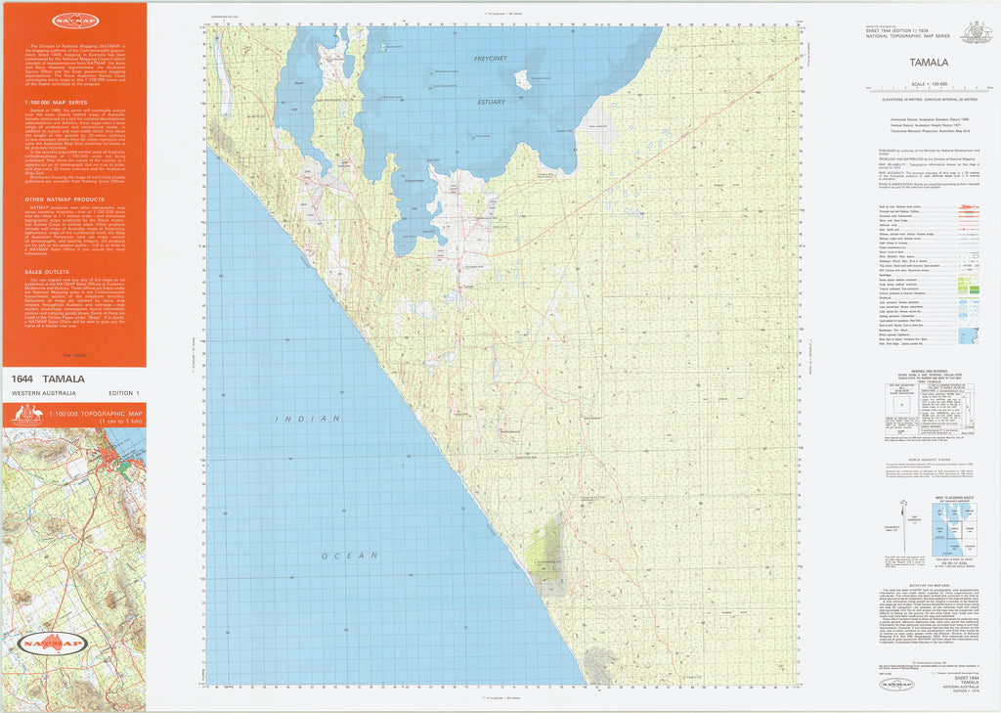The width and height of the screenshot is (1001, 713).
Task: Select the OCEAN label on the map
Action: [x=342, y=556]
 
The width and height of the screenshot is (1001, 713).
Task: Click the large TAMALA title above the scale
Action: [x=929, y=62]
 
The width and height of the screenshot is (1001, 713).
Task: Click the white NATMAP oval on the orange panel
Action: [x=74, y=20]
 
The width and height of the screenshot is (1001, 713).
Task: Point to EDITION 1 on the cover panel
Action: [x=124, y=393]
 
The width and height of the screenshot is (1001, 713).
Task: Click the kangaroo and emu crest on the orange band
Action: [x=22, y=414]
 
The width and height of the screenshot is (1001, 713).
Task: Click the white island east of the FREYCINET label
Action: [x=524, y=78]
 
